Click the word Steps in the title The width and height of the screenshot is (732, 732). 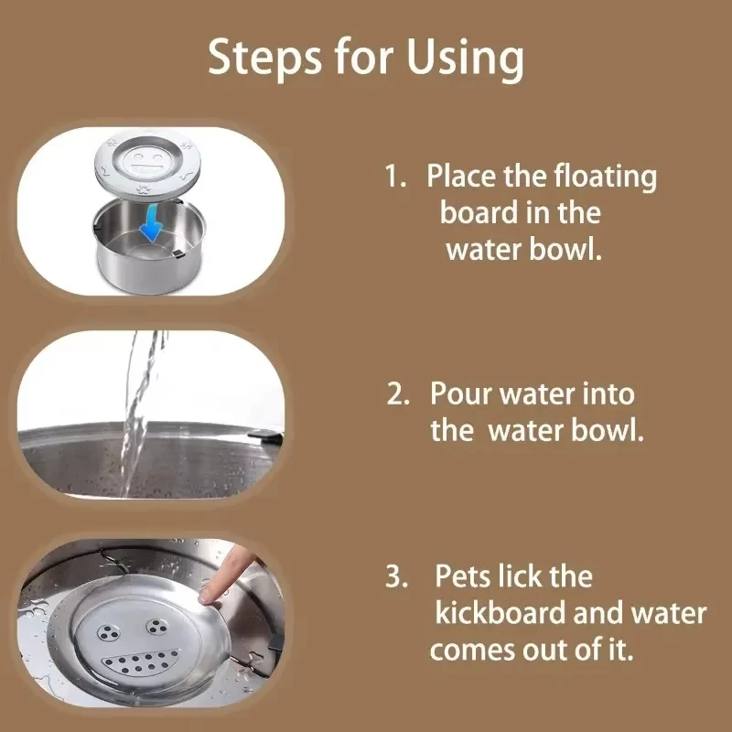266,58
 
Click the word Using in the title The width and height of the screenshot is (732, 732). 467,59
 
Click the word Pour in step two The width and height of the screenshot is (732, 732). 463,395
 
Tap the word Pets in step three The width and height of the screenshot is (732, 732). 467,577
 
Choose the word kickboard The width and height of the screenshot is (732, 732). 512,614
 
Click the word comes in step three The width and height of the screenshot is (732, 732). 474,651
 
